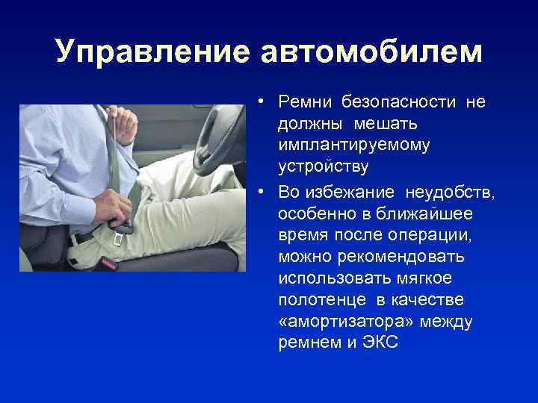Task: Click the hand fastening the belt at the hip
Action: tap(113, 204)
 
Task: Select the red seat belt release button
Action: tap(108, 263)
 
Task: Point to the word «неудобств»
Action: tap(449, 194)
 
